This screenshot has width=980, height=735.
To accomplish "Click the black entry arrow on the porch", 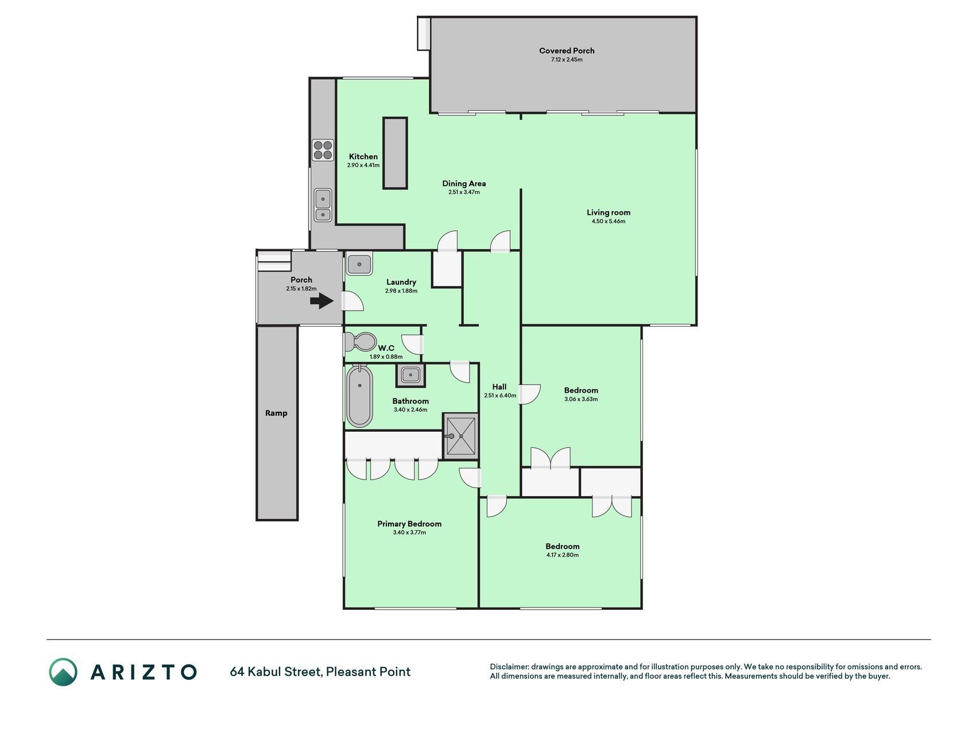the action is pos(322,300).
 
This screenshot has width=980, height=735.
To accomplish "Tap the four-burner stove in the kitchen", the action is pos(323,150).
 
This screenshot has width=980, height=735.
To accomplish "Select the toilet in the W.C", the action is pos(359,343).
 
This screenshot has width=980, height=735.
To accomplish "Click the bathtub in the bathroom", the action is pos(359,396).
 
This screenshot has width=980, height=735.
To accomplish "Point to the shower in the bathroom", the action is pos(460,435).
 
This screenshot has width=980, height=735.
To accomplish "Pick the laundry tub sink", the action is pos(359,265).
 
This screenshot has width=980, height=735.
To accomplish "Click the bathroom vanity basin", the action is pos(410,376).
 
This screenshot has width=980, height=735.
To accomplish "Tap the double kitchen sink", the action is pos(323,206).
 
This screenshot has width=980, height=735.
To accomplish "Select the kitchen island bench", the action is pos(395,153).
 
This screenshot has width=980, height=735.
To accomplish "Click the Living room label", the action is pos(609,212).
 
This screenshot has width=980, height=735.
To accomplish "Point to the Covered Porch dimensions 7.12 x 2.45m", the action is pos(567,60).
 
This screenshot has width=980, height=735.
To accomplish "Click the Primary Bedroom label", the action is pos(409,524).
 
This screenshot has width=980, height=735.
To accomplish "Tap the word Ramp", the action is pos(276,413).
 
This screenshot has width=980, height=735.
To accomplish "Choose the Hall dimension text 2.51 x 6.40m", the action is pos(500,396).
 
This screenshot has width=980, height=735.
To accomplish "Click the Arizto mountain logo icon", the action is pos(63,672).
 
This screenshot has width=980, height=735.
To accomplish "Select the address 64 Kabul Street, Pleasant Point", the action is pos(320,672).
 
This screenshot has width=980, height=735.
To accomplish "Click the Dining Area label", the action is pos(464,184).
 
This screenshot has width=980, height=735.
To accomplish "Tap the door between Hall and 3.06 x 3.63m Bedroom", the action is pos(530,393).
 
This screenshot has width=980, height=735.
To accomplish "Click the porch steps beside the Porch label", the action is pos(274,261).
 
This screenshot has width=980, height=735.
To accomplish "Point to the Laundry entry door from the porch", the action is pos(353,301).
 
